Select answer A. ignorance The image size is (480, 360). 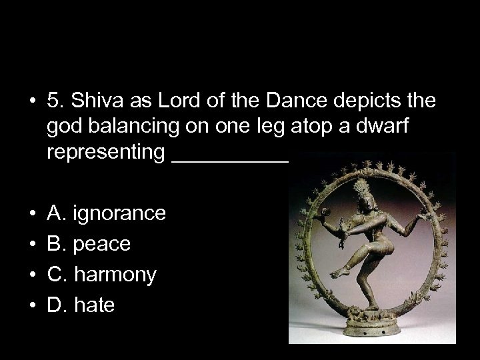coord(107,214)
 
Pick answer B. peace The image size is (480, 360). coord(89,244)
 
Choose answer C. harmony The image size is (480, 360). coord(102,275)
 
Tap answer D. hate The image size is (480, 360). coord(81,305)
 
